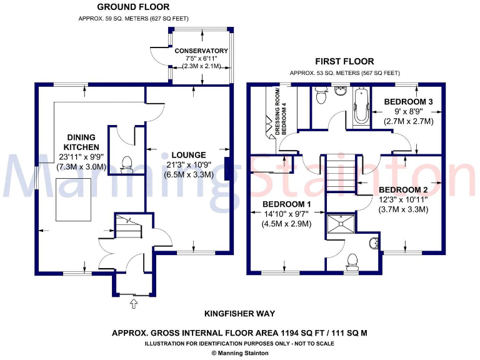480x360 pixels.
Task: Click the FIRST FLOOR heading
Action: click(x=344, y=61)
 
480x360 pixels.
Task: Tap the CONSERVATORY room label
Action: click(x=201, y=51)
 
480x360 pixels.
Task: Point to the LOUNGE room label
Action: click(x=189, y=155)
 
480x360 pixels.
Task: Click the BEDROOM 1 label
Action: click(x=286, y=204)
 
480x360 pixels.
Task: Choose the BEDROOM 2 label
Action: click(x=403, y=189)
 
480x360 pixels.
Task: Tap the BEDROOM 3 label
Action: click(x=409, y=101)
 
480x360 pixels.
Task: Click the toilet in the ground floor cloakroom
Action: click(x=127, y=162)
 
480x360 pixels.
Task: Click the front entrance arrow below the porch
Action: click(x=132, y=304)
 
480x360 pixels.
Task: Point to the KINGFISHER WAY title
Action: click(x=239, y=314)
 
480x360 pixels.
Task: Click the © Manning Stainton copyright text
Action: click(x=239, y=353)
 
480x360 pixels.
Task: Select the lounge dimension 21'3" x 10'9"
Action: click(x=189, y=166)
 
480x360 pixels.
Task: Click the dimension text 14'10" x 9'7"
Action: click(x=286, y=214)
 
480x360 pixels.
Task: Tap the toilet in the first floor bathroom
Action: click(x=321, y=96)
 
